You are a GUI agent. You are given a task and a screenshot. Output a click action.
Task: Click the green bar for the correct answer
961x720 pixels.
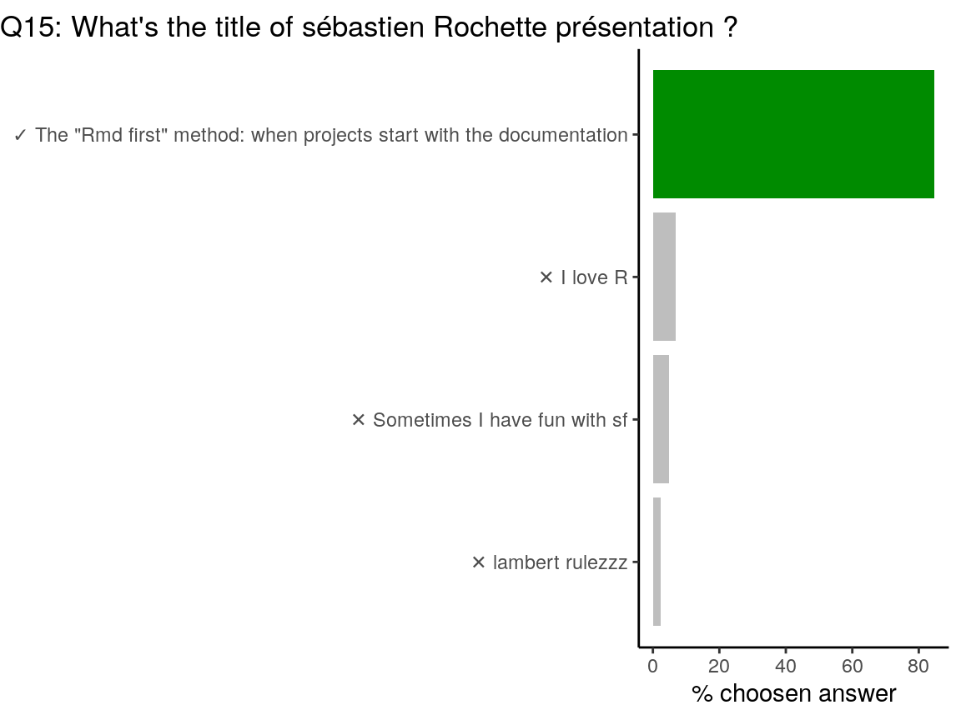(x=793, y=134)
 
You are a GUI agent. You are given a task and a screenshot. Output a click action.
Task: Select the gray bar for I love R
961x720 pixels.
(x=664, y=277)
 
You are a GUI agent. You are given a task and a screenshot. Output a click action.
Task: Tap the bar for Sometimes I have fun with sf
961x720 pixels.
(x=661, y=419)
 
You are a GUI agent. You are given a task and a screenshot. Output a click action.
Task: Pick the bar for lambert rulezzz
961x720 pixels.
(x=657, y=562)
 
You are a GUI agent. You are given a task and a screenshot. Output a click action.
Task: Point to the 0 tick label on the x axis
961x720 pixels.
(x=652, y=666)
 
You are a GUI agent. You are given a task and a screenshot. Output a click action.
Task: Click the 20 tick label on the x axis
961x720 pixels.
(x=719, y=666)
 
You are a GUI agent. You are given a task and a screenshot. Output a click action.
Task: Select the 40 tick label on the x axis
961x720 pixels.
(x=786, y=666)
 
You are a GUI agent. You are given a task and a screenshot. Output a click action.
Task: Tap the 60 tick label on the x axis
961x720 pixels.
(x=852, y=666)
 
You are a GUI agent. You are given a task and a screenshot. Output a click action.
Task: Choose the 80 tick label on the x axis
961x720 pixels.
(x=918, y=666)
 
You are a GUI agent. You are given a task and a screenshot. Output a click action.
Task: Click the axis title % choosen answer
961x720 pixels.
(x=793, y=694)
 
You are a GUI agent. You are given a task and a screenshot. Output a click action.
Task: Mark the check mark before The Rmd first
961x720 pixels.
(x=20, y=135)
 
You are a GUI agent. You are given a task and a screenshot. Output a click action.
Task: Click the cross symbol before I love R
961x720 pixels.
(x=546, y=277)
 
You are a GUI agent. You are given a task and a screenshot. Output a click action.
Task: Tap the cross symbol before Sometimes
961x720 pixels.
(x=359, y=420)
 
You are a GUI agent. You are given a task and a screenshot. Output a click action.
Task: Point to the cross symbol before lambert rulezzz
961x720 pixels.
(x=479, y=562)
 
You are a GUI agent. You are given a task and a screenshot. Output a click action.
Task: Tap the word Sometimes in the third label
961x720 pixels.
(x=422, y=420)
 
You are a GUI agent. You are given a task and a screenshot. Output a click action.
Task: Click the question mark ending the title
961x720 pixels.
(x=729, y=27)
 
